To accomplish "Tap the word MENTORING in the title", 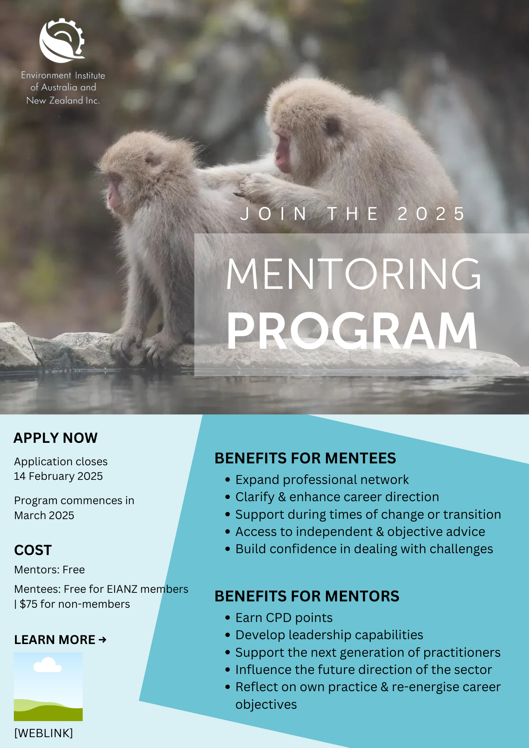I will pos(354,274).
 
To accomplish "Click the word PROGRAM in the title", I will pos(352,331).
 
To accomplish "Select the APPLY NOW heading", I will pos(56,438).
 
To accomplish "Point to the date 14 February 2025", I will pos(58,476).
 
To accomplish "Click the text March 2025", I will pos(44,515).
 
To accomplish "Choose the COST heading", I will pos(33,550).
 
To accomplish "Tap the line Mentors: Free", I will pos(49,570).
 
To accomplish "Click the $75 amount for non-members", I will pos(28,604).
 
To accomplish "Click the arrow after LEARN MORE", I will pos(103,640).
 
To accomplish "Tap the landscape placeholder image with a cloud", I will pos(48,686).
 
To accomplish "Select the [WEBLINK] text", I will pos(43,733).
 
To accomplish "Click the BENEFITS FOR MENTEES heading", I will pos(305,458).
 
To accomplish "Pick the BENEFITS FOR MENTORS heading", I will pos(307,596).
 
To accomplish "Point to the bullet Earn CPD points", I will pos(284,618).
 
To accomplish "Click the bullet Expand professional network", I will pos(322,480).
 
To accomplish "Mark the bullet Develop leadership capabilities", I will pos(329,635).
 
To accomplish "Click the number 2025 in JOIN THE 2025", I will pos(431,214).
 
